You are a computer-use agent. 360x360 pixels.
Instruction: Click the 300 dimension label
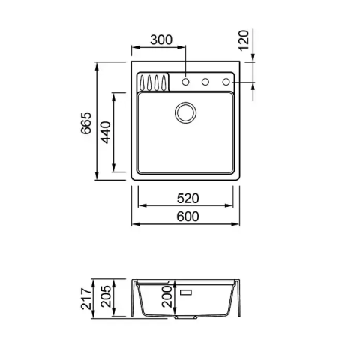pyautogui.click(x=161, y=40)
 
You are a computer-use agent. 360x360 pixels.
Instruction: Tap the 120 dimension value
pyautogui.click(x=244, y=40)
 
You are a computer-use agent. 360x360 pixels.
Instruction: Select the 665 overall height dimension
pyautogui.click(x=86, y=123)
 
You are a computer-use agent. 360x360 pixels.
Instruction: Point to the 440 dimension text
pyautogui.click(x=106, y=133)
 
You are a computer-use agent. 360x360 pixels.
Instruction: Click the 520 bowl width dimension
pyautogui.click(x=188, y=199)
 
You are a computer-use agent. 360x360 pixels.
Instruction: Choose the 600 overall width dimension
pyautogui.click(x=188, y=217)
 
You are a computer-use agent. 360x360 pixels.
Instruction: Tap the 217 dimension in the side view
pyautogui.click(x=86, y=298)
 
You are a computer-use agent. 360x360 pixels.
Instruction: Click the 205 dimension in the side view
pyautogui.click(x=106, y=296)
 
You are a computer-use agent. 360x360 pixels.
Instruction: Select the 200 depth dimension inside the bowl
pyautogui.click(x=166, y=296)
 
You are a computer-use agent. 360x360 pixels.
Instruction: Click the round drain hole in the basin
pyautogui.click(x=185, y=112)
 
